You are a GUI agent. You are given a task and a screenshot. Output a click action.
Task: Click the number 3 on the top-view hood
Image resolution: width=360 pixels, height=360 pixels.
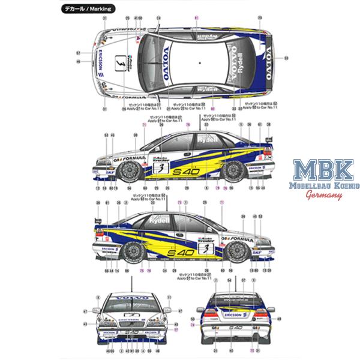[119, 61]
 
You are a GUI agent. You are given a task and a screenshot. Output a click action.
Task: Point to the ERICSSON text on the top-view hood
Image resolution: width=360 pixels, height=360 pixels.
[98, 61]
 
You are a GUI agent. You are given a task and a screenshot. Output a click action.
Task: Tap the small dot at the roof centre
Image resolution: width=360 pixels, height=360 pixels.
[199, 61]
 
